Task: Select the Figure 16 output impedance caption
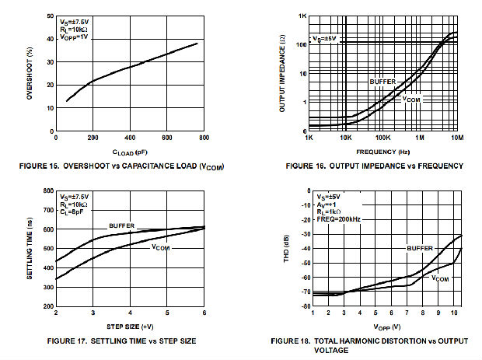tap(374, 166)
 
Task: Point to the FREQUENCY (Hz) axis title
tap(382, 151)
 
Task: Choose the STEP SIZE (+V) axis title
tap(129, 325)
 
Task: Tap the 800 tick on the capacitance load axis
tap(204, 138)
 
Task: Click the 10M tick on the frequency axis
tap(458, 138)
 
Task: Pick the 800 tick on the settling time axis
tap(47, 190)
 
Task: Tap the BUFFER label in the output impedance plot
tap(381, 81)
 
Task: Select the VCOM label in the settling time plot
tap(161, 248)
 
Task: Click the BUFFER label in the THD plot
tap(418, 248)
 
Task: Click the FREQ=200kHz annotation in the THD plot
tap(339, 218)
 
